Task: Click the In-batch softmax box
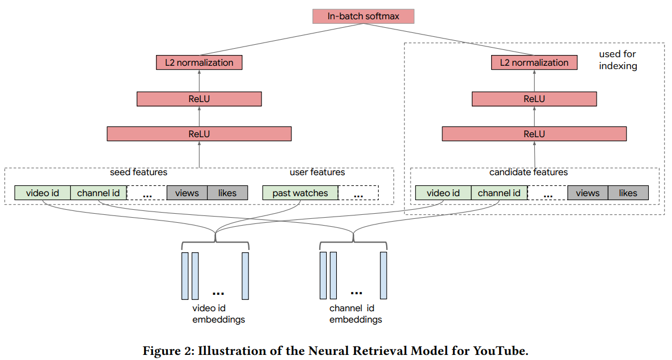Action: [x=363, y=16]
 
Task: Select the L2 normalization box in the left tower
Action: [x=199, y=62]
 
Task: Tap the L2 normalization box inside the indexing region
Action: [x=534, y=62]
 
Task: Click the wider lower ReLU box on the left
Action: [x=199, y=134]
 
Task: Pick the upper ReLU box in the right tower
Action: [x=534, y=99]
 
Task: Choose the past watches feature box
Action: [x=300, y=193]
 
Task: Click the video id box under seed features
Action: [x=43, y=193]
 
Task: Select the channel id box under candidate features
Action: [x=499, y=193]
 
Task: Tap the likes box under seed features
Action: [x=227, y=193]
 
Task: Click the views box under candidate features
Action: [x=588, y=193]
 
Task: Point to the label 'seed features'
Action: [x=138, y=172]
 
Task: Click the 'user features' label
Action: [x=317, y=172]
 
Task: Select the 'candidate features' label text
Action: [x=529, y=172]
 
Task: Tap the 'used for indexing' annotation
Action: [x=618, y=60]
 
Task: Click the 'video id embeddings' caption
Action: [x=218, y=314]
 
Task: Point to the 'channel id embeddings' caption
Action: [x=356, y=314]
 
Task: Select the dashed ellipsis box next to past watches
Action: [x=358, y=193]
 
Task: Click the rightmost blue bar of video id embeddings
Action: [x=245, y=276]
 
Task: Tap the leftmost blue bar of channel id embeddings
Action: [x=323, y=276]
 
